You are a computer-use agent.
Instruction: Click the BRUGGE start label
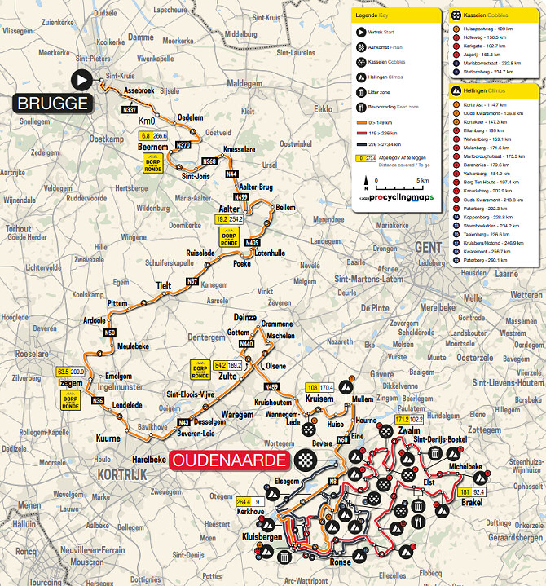click(51, 104)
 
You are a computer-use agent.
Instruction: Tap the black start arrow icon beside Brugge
click(81, 79)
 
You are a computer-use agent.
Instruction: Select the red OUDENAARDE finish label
click(230, 460)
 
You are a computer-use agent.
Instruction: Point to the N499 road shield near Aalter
click(240, 196)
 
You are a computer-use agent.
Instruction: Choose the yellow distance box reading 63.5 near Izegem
click(64, 372)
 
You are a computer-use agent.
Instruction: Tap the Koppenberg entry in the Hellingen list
click(482, 218)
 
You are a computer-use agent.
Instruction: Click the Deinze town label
click(244, 317)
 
